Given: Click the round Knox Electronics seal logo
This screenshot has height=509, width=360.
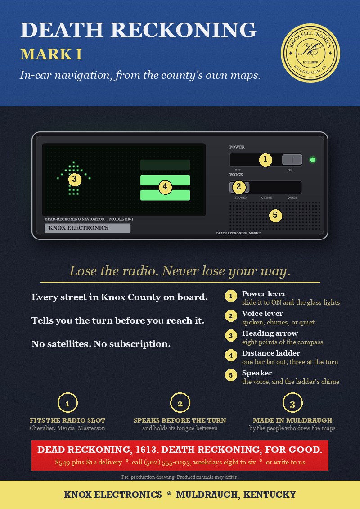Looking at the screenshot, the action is (310, 53).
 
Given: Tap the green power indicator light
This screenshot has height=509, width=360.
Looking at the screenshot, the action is (313, 160).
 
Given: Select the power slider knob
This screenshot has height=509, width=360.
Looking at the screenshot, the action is (292, 160).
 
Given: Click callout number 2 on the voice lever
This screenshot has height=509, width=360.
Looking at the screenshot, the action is (239, 187).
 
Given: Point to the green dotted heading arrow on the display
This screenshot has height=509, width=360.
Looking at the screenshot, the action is (74, 178).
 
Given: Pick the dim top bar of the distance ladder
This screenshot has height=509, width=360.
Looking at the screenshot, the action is (165, 165).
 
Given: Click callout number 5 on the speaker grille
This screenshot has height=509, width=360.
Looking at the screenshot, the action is (275, 215).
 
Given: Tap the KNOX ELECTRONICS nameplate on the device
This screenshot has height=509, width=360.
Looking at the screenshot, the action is (88, 228).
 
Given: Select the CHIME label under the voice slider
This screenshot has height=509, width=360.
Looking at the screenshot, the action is (266, 198).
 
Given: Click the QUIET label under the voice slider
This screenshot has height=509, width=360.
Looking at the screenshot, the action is (292, 198).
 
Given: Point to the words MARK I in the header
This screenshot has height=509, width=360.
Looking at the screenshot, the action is (51, 54).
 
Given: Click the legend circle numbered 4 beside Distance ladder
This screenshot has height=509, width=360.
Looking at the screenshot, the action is (231, 356).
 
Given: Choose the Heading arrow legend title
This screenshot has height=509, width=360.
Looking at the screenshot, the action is (270, 333).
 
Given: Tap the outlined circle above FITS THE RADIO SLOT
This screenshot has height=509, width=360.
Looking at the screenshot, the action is (67, 403).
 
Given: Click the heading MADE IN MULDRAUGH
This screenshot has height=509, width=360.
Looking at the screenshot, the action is (292, 420).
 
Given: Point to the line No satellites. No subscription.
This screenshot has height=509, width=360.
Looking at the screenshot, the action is (101, 344).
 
